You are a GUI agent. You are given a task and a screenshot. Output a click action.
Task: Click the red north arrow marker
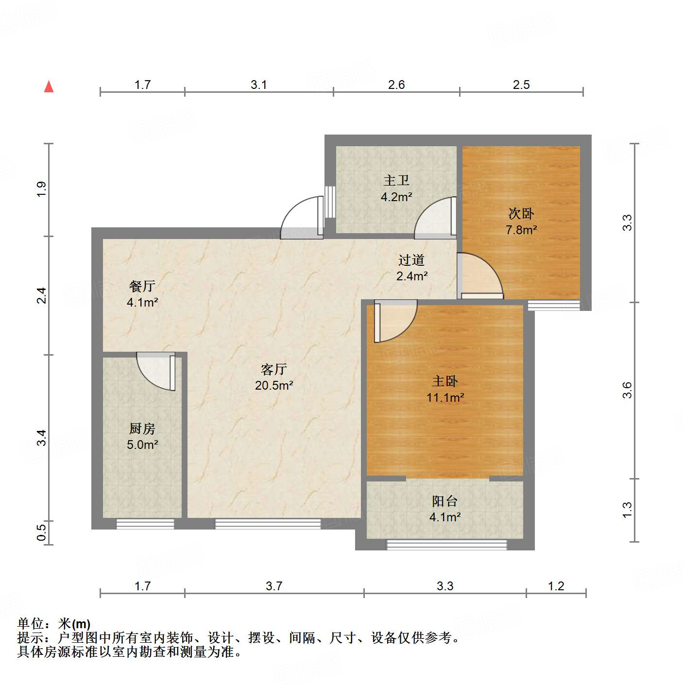(x=49, y=86)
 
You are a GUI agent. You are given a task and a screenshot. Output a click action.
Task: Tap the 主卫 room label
(x=396, y=181)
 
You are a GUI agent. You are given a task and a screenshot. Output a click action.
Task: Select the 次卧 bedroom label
(x=521, y=213)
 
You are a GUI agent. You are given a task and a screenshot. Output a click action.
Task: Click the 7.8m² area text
(x=521, y=230)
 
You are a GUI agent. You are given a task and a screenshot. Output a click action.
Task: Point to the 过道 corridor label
(x=411, y=260)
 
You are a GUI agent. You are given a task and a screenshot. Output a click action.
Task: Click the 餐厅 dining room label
(x=142, y=286)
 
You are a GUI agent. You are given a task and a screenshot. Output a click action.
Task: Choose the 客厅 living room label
(x=274, y=370)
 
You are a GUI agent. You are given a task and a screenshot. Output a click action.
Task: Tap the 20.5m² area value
(x=274, y=386)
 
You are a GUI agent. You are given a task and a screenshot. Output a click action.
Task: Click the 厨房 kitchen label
(x=142, y=428)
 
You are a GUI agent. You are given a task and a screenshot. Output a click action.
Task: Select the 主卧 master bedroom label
(x=445, y=381)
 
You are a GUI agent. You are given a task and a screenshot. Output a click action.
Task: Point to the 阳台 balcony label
(x=445, y=501)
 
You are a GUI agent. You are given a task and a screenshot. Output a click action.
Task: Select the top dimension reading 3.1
(x=259, y=85)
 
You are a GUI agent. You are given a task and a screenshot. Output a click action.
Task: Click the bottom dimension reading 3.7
(x=274, y=586)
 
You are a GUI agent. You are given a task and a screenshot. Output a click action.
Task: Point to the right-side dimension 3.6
(x=627, y=390)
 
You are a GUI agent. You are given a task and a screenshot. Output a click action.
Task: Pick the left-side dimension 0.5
(x=42, y=531)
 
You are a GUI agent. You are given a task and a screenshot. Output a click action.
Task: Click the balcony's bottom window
(x=446, y=545)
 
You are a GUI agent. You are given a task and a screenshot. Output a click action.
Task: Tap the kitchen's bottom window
(x=145, y=524)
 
